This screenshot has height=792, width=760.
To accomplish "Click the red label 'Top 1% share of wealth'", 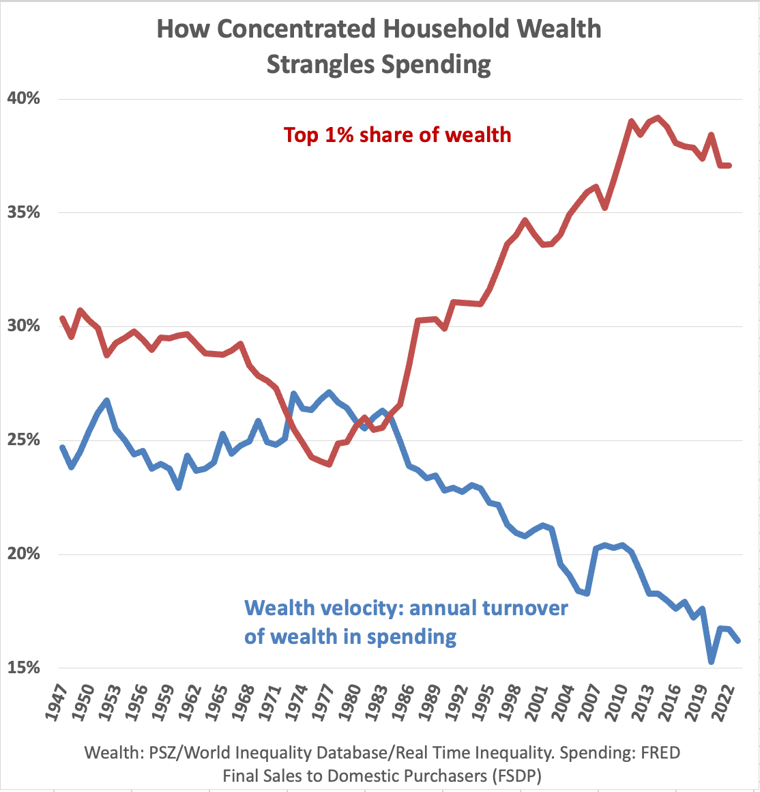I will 397,135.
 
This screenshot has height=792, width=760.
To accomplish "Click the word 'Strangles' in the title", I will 320,65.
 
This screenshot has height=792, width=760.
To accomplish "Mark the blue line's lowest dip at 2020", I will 712,662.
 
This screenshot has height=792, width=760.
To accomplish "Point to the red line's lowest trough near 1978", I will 329,464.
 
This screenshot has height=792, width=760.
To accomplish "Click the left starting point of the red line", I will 62,318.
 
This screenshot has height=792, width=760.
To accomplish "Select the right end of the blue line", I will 739,640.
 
